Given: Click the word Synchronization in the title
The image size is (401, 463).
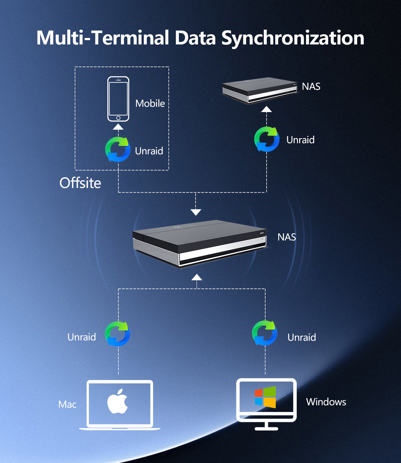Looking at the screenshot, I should tap(293, 38).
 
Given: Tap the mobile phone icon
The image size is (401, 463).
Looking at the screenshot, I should tap(118, 99).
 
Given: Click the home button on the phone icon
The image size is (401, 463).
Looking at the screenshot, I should tap(118, 118).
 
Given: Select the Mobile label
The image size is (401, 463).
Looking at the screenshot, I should tap(150, 103).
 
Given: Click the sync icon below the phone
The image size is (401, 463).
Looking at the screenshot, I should tap(118, 150).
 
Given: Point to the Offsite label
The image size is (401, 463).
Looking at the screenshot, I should tap(80, 183).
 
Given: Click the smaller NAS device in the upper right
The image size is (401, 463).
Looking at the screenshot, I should tap(259, 90).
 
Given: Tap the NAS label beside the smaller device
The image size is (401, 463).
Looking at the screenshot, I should tap(311, 86).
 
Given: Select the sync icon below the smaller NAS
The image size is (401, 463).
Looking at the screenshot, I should tap(267, 139).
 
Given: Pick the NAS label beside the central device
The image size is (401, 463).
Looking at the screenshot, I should tap(287, 237).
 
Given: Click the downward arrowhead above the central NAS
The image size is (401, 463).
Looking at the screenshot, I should tap(196, 212).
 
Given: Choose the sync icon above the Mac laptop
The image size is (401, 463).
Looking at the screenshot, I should tap(118, 334).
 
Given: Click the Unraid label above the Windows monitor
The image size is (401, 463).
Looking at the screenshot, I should tap(301, 337).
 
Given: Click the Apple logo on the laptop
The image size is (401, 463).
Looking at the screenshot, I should tap(118, 401).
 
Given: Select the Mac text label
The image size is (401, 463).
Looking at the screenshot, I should tap(67, 404).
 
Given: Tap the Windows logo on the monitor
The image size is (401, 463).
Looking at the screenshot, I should tap(265, 397).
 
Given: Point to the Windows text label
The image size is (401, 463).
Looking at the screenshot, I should tap(326, 402).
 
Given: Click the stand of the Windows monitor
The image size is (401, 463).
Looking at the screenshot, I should tap(267, 426).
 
